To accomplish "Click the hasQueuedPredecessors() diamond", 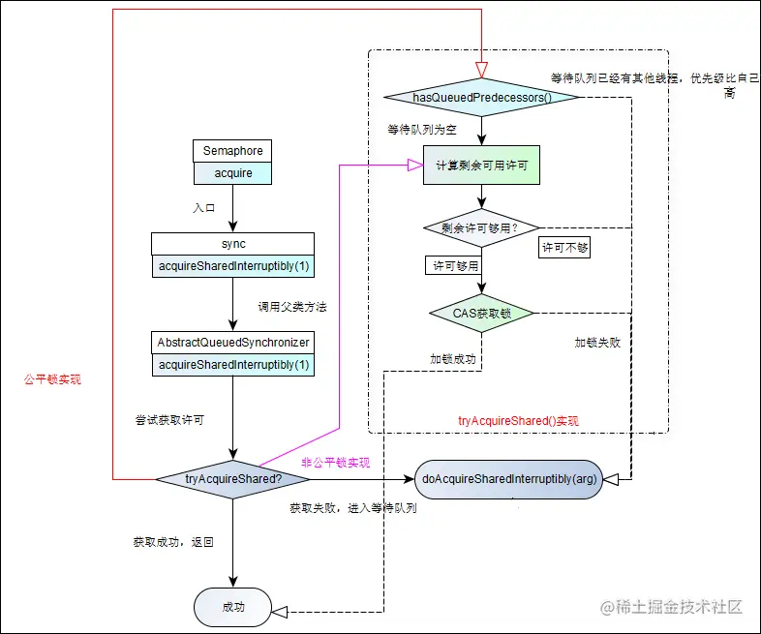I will click(x=481, y=98).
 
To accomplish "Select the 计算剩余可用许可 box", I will click(x=481, y=166).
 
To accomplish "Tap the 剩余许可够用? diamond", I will click(x=481, y=228).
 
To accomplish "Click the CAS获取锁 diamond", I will click(x=481, y=313).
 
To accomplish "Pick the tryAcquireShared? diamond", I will click(x=232, y=478).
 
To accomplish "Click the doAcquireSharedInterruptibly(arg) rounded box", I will click(x=509, y=478).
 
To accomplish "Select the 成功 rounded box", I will click(x=233, y=607).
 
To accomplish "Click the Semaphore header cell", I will click(x=232, y=151).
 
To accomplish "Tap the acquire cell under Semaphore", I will click(x=232, y=172).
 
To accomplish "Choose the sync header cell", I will click(x=232, y=244).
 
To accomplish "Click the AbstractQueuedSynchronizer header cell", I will click(x=232, y=343).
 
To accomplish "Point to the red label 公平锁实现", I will click(x=52, y=380).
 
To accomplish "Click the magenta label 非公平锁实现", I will click(x=336, y=463).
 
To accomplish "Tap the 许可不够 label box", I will click(x=565, y=247).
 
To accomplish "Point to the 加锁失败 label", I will click(x=596, y=343).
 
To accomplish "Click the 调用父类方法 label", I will click(x=292, y=307).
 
